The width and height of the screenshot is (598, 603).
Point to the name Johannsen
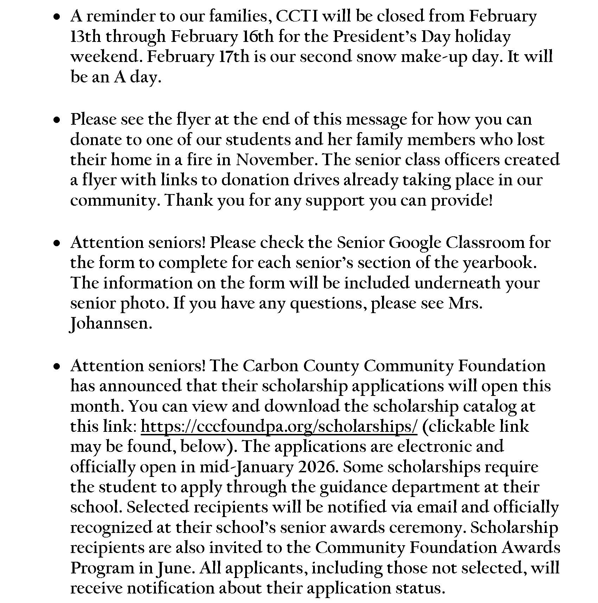point(111,324)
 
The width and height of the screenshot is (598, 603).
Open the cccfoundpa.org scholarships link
point(279,427)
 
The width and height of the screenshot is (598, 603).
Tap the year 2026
point(318,467)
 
